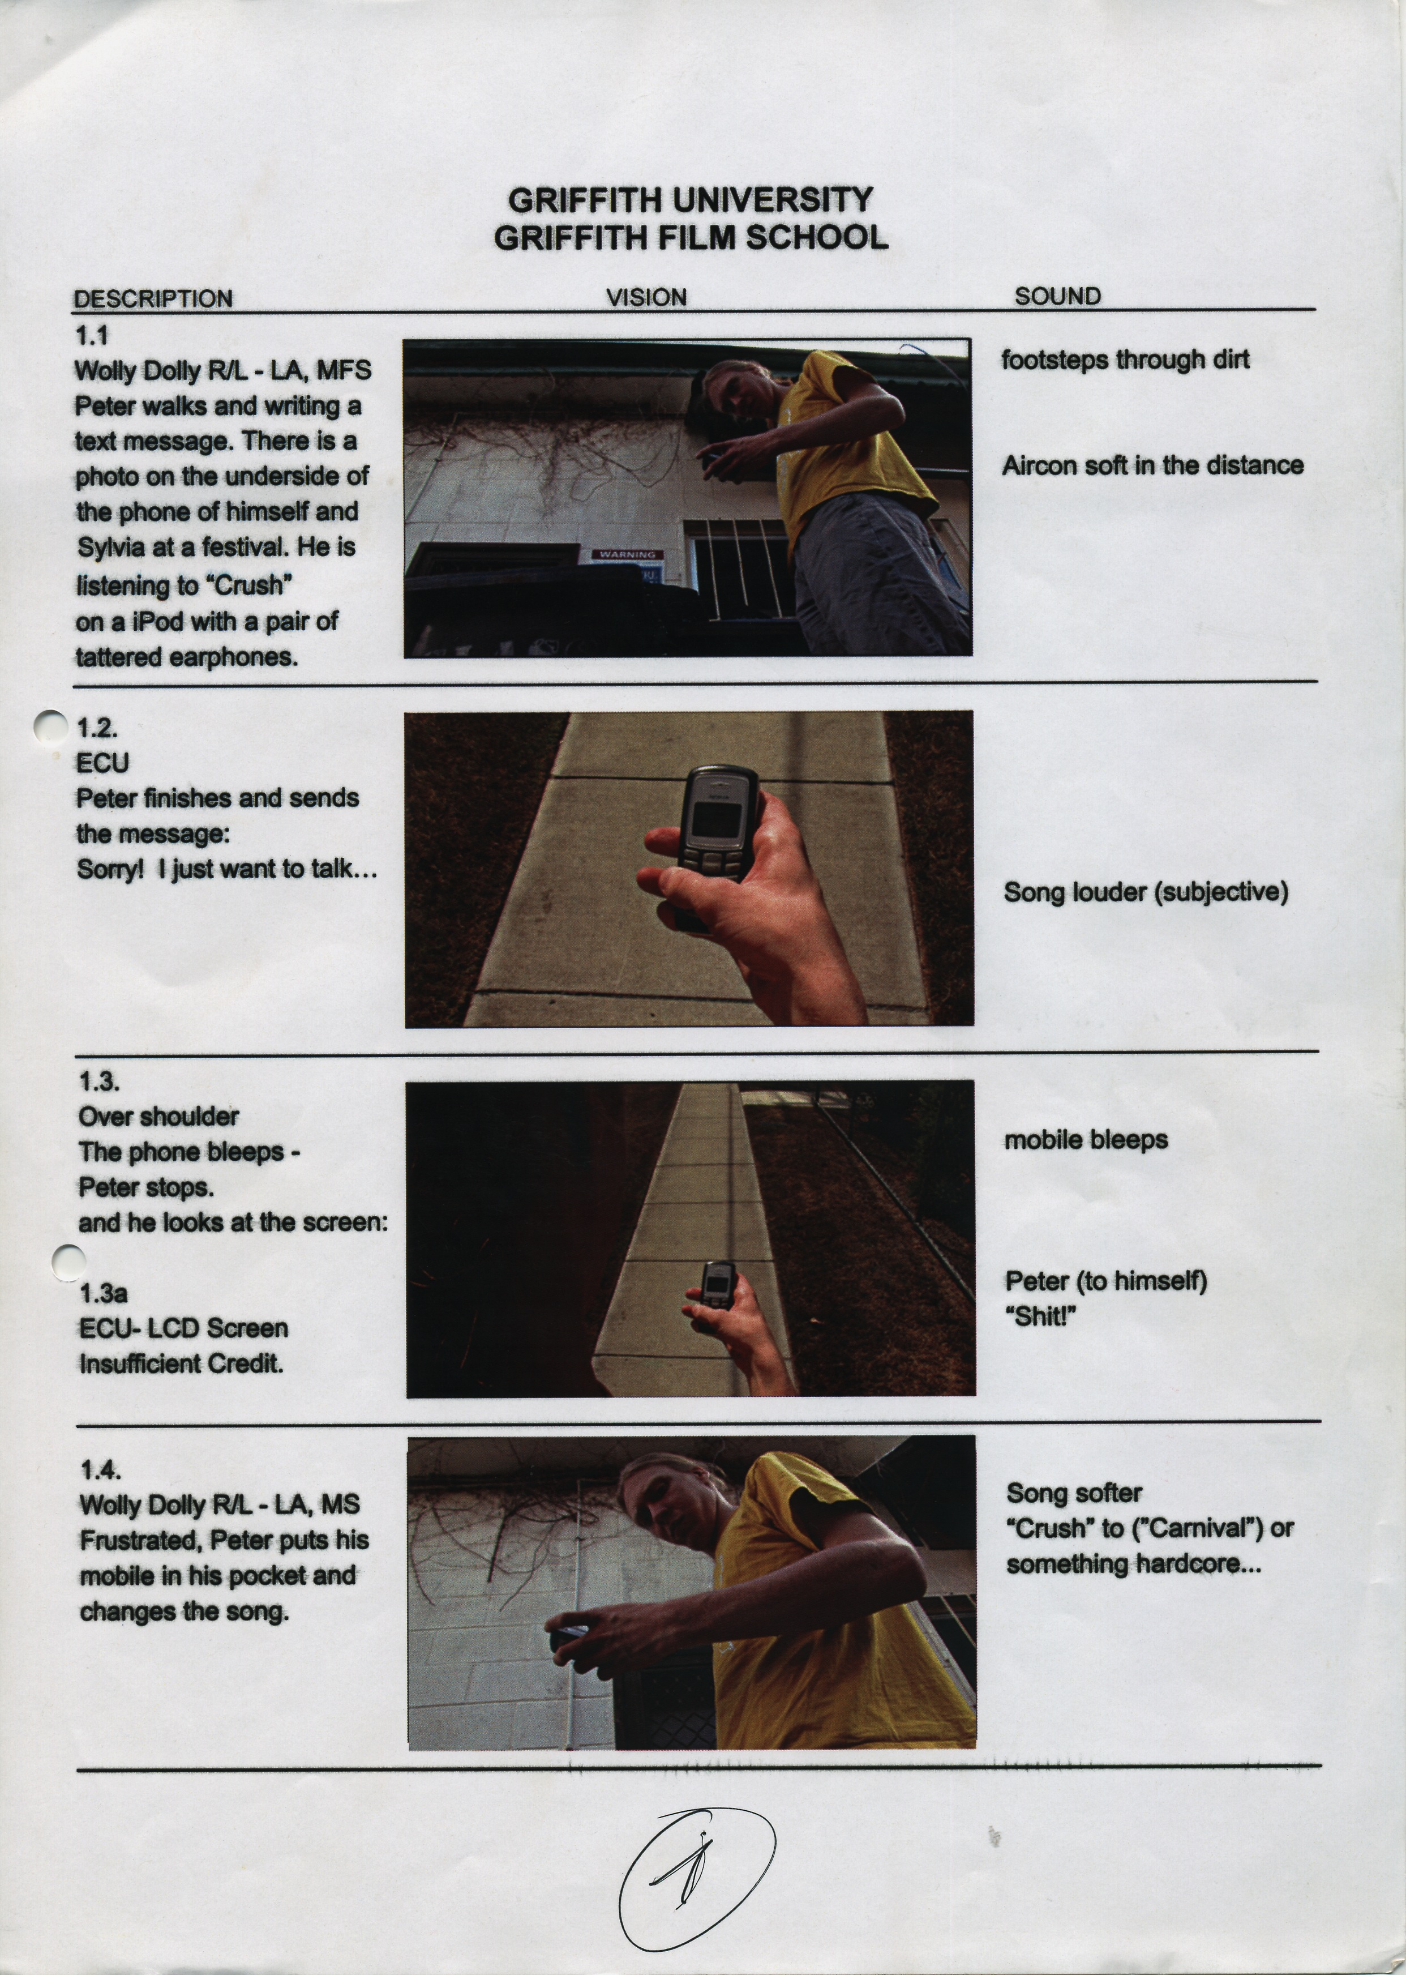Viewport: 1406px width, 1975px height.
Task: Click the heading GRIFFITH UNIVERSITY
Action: click(x=690, y=200)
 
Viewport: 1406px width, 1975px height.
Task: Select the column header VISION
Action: click(x=646, y=297)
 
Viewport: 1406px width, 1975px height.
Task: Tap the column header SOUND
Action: click(x=1057, y=296)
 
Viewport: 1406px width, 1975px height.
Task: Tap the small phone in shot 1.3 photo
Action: click(x=717, y=1285)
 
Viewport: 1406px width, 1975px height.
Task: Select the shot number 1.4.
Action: click(x=100, y=1469)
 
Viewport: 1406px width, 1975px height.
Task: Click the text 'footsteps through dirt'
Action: click(x=1125, y=360)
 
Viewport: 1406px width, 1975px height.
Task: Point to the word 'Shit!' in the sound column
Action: click(x=1041, y=1316)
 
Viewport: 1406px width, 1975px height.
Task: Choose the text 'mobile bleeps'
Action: click(x=1086, y=1139)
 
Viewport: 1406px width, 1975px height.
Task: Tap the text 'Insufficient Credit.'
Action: click(x=181, y=1363)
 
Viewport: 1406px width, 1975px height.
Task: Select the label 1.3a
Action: click(x=103, y=1294)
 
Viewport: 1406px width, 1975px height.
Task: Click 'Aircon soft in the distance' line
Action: click(x=1152, y=466)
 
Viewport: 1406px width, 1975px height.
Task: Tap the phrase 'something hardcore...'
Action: click(x=1133, y=1564)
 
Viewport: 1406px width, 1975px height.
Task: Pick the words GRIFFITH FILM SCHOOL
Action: click(x=691, y=237)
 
